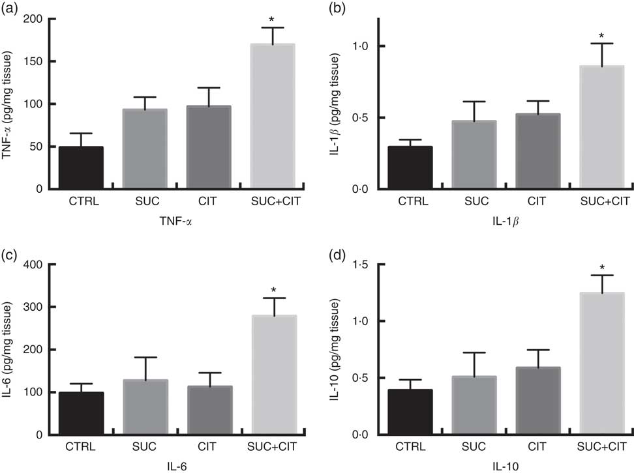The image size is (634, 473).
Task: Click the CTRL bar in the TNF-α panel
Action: click(81, 167)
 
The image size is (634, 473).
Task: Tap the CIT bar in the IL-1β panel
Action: click(537, 151)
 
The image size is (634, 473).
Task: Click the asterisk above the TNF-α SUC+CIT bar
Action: click(273, 20)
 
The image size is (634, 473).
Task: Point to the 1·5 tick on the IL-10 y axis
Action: click(361, 265)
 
